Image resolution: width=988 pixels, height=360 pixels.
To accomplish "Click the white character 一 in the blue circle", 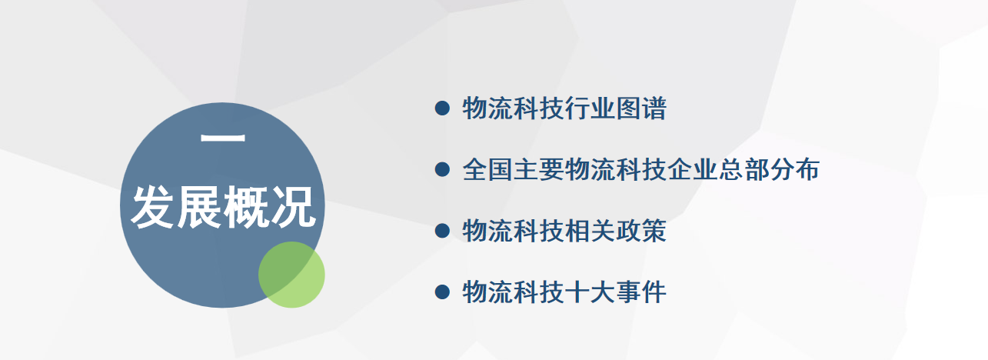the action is (223, 138).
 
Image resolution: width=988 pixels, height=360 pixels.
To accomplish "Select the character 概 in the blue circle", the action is (246, 207).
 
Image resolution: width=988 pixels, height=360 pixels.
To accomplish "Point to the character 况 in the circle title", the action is (293, 207).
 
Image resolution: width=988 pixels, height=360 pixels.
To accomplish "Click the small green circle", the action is (291, 275).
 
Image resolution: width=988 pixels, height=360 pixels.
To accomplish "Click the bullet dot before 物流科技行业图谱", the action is (442, 108).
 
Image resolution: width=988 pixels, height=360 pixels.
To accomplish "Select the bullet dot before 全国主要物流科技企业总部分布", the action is (442, 169).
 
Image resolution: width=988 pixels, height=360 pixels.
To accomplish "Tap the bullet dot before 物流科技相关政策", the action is (442, 230).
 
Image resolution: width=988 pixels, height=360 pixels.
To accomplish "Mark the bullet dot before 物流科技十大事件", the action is (442, 292).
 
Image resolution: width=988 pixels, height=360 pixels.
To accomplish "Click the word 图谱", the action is (641, 108).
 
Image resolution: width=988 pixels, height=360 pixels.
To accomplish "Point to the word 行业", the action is (590, 108).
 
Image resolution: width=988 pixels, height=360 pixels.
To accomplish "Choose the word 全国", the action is (487, 169).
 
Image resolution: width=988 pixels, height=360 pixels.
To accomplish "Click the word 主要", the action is (538, 169).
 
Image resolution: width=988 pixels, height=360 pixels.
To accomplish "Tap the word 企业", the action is (692, 169).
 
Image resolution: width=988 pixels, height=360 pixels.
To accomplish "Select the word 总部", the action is (743, 169).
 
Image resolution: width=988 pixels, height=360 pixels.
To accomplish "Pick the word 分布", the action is (794, 169).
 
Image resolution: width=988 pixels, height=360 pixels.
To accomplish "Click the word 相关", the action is (590, 230).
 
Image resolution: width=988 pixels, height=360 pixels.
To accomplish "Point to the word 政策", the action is (641, 230).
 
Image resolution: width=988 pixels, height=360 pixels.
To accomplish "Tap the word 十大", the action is (590, 292).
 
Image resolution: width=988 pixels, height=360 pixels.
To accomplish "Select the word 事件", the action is (641, 292).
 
